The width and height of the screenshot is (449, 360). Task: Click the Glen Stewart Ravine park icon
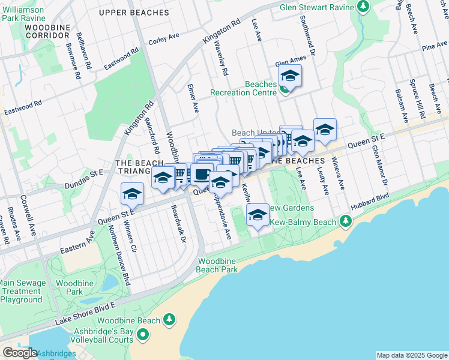pos(363,7)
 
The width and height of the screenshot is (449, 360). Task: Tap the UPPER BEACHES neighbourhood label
pos(134,13)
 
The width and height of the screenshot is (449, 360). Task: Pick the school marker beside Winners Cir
pos(132,194)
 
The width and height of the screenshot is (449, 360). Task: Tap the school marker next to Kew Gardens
pos(258,215)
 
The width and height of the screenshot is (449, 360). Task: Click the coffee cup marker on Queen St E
pos(203,175)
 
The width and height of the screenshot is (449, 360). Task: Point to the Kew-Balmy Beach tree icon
pos(345,222)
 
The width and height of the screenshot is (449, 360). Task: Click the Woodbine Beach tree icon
pos(170,320)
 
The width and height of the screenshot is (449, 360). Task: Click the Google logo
pos(20,353)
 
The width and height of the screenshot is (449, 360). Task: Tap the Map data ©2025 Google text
pos(411,355)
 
